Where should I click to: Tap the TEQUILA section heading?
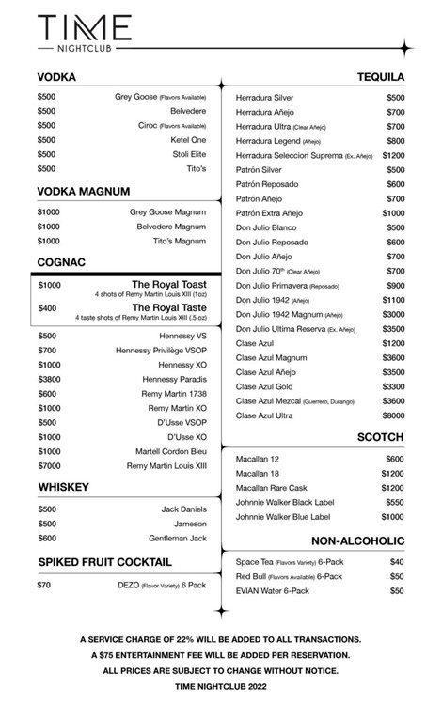pos(381,76)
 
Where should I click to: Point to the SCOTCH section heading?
pos(381,437)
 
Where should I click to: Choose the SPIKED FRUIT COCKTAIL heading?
pos(104,562)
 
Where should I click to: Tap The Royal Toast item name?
pos(168,284)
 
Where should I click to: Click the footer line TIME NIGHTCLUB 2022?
pos(220,686)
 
